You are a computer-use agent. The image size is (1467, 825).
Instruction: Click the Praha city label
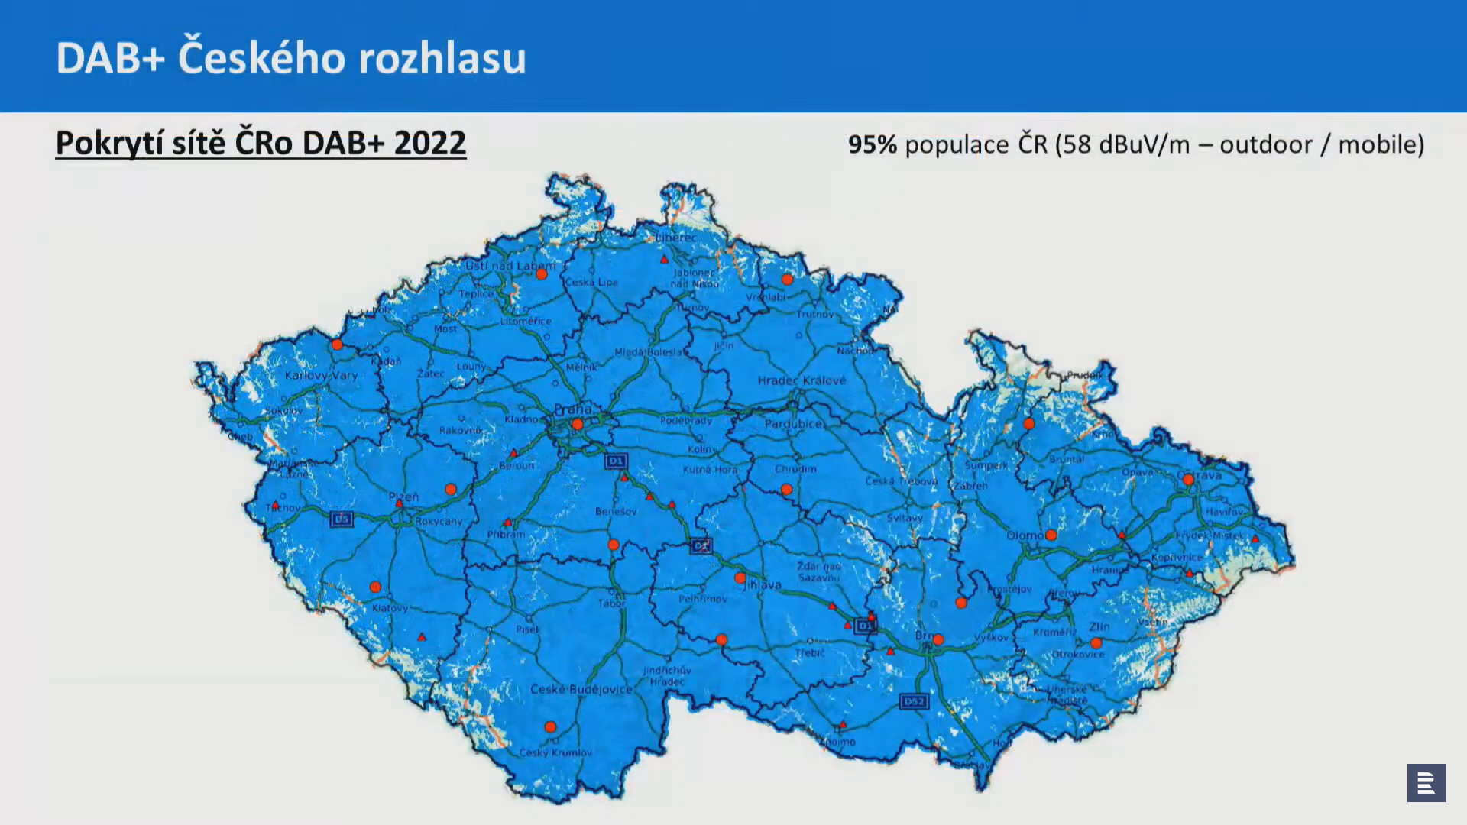pos(572,409)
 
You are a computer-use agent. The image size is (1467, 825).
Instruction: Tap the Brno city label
pos(925,636)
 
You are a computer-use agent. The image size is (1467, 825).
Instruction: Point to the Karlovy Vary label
pos(321,375)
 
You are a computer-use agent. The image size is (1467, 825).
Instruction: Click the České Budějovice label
pos(581,689)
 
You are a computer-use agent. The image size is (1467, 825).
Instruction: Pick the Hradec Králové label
pos(802,380)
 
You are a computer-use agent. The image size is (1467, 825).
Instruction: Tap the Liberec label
pos(676,238)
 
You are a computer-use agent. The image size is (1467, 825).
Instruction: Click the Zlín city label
pos(1099,626)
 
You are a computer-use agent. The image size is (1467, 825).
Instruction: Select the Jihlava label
pos(763,585)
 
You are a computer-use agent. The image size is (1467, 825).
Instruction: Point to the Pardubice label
pos(793,423)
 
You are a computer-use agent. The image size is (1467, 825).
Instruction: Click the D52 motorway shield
pos(914,701)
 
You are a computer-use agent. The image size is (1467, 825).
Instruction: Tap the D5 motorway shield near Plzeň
pos(342,519)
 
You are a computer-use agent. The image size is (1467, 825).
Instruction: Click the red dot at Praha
pos(578,425)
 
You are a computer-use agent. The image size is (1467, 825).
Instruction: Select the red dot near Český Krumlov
pos(550,727)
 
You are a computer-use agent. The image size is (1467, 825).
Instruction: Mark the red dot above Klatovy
pos(375,587)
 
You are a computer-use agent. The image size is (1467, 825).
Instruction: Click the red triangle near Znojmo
pos(843,724)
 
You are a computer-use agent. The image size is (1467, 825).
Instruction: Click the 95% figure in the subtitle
pos(872,144)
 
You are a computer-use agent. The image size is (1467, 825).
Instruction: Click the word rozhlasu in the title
pos(442,58)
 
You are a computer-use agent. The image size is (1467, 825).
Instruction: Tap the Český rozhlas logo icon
pos(1426,783)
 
